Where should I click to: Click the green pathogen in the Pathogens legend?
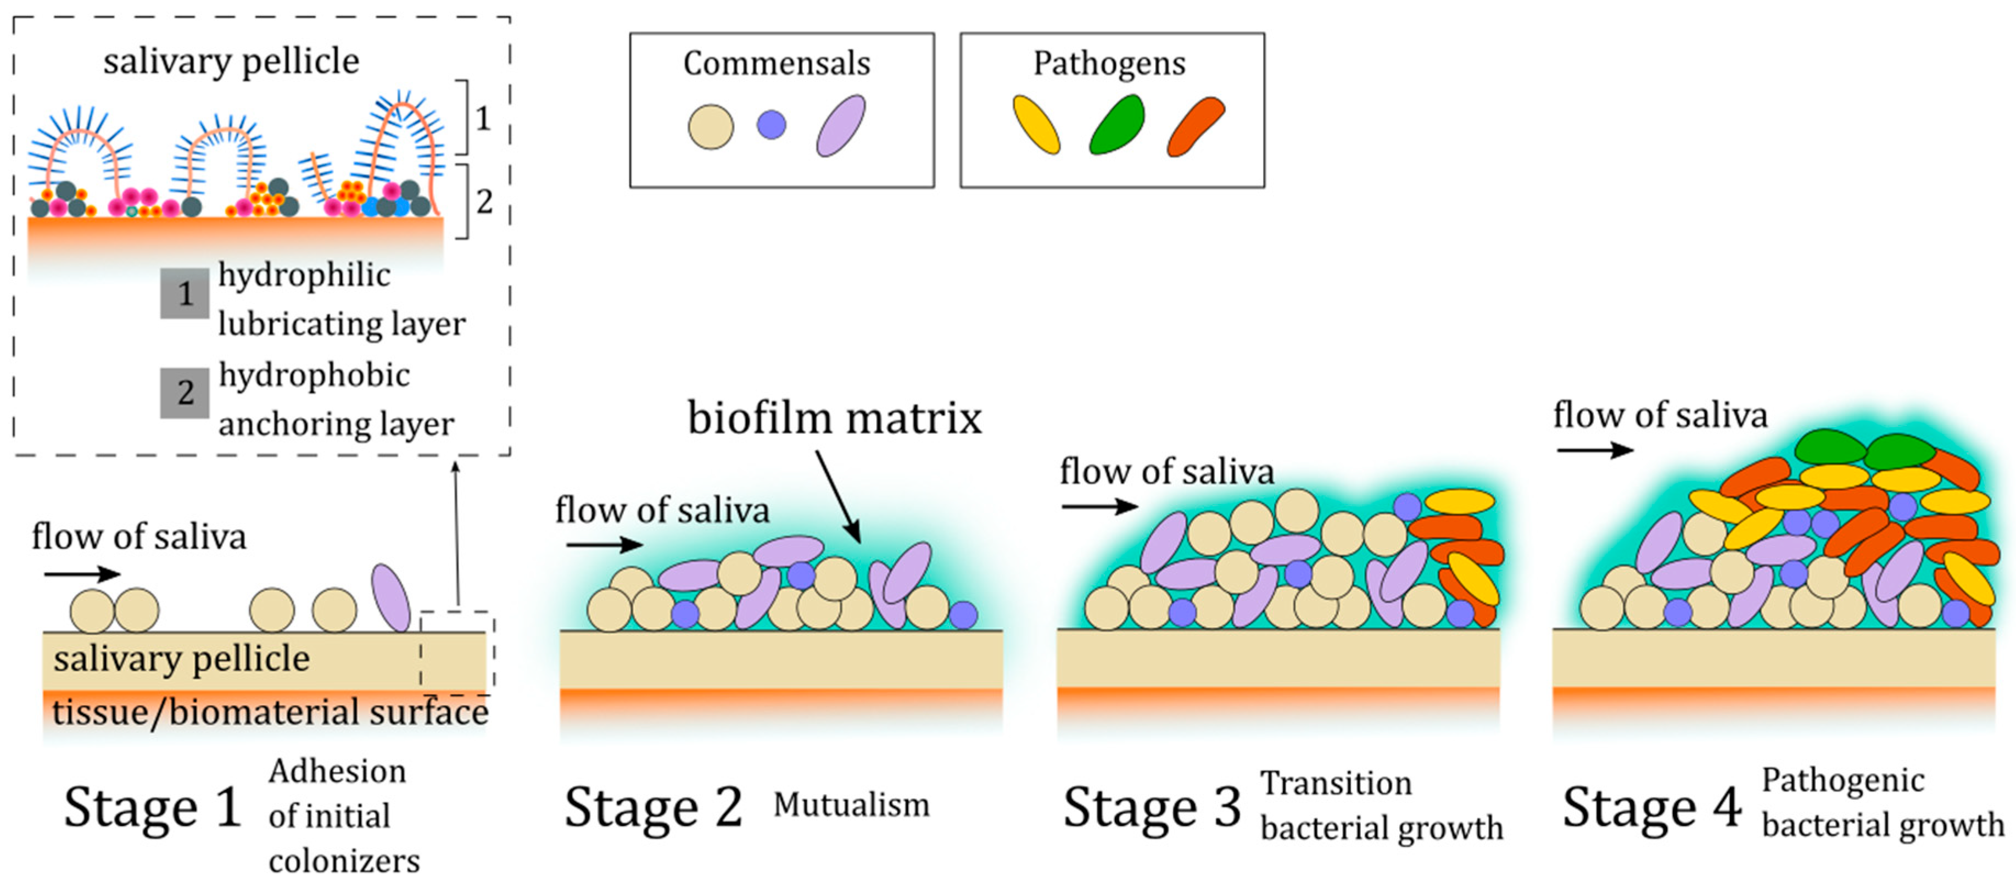pyautogui.click(x=1117, y=125)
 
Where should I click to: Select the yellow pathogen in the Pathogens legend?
pyautogui.click(x=1036, y=125)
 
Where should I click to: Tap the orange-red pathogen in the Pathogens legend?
pyautogui.click(x=1195, y=126)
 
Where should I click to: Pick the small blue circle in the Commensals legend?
pyautogui.click(x=771, y=125)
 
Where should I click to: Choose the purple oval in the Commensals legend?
pyautogui.click(x=841, y=126)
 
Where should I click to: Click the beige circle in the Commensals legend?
pyautogui.click(x=711, y=127)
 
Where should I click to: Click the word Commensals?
pyautogui.click(x=777, y=63)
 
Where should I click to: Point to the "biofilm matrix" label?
pyautogui.click(x=834, y=418)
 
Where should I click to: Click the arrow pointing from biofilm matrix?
pyautogui.click(x=838, y=497)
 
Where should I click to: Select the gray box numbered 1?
pyautogui.click(x=185, y=293)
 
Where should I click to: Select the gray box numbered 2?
pyautogui.click(x=185, y=393)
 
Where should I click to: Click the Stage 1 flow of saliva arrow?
pyautogui.click(x=82, y=575)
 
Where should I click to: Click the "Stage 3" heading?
pyautogui.click(x=1151, y=807)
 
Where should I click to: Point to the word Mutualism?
pyautogui.click(x=851, y=805)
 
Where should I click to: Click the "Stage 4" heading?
pyautogui.click(x=1651, y=807)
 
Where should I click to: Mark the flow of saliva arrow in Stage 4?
pyautogui.click(x=1594, y=450)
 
